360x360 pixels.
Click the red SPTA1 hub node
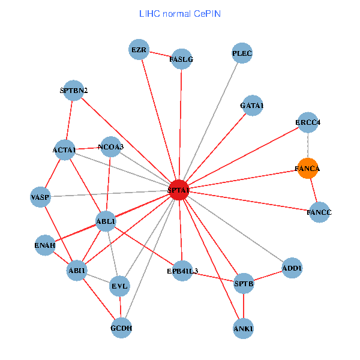(179, 190)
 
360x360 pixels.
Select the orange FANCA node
(308, 169)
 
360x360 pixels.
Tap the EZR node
(139, 50)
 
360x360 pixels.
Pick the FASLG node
(181, 59)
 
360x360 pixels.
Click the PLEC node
(242, 54)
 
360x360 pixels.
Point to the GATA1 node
(251, 106)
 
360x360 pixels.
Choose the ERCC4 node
(308, 122)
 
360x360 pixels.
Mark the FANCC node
(319, 212)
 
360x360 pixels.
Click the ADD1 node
(292, 268)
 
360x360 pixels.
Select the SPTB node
(244, 283)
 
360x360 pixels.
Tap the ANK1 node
(244, 328)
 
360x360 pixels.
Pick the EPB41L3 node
(182, 271)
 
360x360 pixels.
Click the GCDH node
(121, 328)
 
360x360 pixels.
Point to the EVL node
(119, 286)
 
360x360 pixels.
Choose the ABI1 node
(77, 271)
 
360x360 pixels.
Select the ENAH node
(45, 245)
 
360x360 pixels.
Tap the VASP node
(41, 197)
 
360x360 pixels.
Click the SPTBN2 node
(74, 91)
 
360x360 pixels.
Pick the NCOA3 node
(110, 146)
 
